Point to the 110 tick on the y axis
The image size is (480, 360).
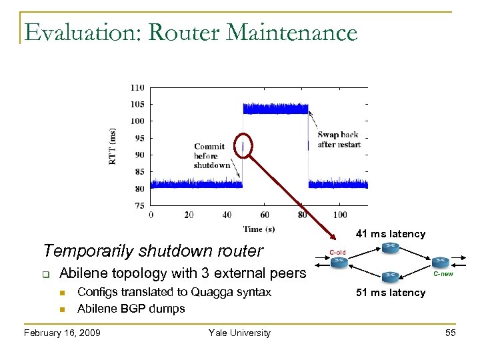(137, 87)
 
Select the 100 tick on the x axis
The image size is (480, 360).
(340, 215)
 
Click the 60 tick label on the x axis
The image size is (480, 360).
(265, 215)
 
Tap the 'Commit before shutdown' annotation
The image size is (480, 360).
(212, 156)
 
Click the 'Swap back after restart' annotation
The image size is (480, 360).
(339, 139)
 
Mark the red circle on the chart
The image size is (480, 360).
(245, 147)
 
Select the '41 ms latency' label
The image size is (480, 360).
(391, 234)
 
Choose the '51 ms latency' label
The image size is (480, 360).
(391, 293)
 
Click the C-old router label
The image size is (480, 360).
(337, 252)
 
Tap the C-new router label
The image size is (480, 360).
(443, 273)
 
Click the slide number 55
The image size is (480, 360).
(450, 333)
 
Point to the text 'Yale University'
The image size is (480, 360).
(239, 333)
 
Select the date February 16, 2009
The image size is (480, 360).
(62, 333)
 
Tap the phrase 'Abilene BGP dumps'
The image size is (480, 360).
(131, 308)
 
